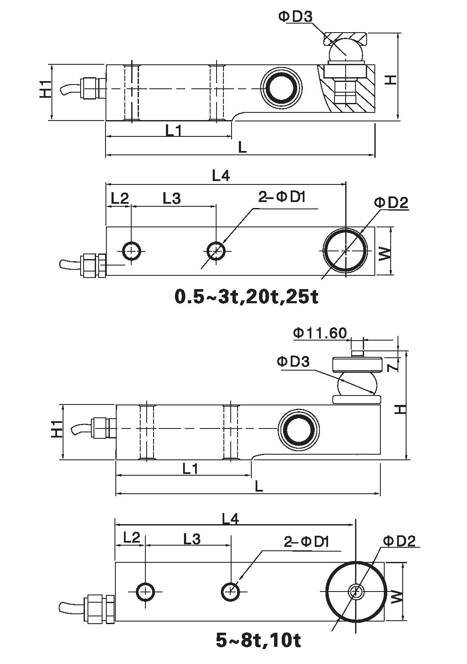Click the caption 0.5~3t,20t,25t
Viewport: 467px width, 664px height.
(247, 297)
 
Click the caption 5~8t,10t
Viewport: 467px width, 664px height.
(258, 640)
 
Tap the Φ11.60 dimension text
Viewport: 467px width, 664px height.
(320, 333)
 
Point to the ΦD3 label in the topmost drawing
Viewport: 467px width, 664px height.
(295, 17)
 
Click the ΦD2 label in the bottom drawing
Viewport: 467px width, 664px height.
(399, 541)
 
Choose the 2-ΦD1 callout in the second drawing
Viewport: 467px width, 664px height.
(282, 197)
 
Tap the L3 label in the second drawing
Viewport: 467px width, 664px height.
(172, 198)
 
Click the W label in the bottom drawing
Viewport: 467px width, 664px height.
(397, 596)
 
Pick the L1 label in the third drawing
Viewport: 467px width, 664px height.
(190, 469)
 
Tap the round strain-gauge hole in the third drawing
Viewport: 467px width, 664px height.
(298, 429)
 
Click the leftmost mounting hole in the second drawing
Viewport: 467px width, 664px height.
(132, 251)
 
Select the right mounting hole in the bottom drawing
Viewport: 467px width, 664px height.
(231, 592)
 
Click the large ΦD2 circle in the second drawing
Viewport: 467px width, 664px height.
(345, 250)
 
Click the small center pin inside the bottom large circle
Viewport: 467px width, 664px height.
(356, 592)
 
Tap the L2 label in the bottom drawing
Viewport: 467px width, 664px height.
(132, 537)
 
